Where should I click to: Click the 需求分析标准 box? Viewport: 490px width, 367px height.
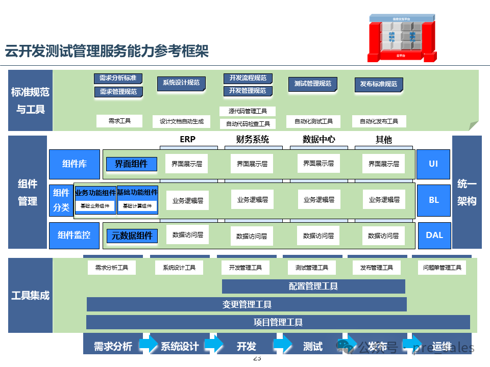pyautogui.click(x=118, y=78)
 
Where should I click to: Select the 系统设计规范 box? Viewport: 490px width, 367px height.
pyautogui.click(x=181, y=83)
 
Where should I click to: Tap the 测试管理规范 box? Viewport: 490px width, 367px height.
pyautogui.click(x=312, y=84)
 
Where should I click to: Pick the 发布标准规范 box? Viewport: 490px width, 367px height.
pyautogui.click(x=378, y=84)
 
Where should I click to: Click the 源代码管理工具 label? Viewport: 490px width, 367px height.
pyautogui.click(x=248, y=111)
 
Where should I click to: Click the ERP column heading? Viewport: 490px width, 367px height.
pyautogui.click(x=187, y=139)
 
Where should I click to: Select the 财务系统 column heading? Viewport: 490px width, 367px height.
pyautogui.click(x=252, y=139)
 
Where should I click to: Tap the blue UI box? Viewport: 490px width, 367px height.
pyautogui.click(x=433, y=164)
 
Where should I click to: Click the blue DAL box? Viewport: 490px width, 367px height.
pyautogui.click(x=434, y=235)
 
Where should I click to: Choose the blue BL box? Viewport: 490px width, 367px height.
pyautogui.click(x=434, y=200)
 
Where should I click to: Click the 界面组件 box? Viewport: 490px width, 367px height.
pyautogui.click(x=131, y=164)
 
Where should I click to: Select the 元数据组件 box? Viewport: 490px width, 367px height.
pyautogui.click(x=132, y=235)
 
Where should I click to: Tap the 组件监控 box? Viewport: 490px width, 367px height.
pyautogui.click(x=74, y=235)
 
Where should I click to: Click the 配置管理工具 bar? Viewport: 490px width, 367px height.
pyautogui.click(x=313, y=286)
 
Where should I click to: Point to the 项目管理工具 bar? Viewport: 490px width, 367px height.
pyautogui.click(x=278, y=322)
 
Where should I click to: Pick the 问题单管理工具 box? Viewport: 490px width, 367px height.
pyautogui.click(x=442, y=268)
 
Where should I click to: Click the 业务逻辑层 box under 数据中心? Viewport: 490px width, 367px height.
pyautogui.click(x=318, y=200)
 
